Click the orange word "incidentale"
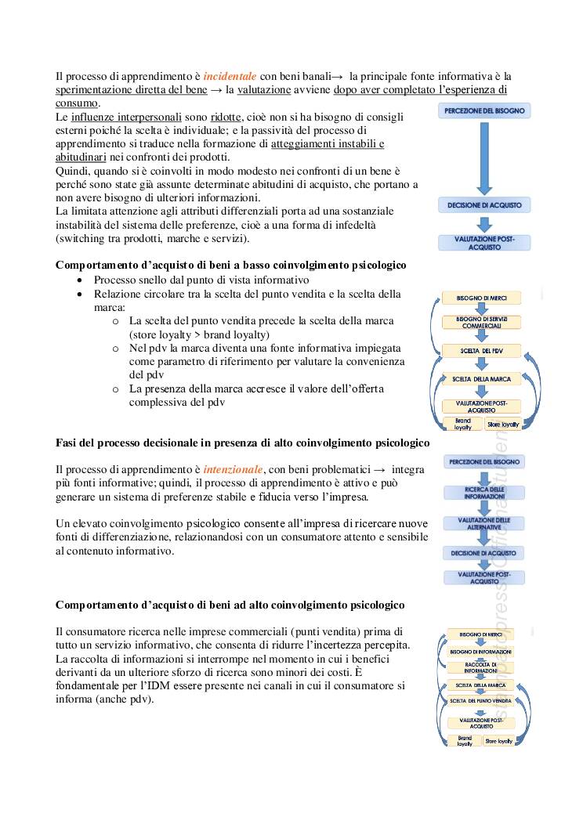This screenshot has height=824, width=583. pos(230,76)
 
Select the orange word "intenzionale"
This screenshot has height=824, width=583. pos(234,469)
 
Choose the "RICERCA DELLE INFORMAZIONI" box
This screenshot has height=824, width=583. pos(484,493)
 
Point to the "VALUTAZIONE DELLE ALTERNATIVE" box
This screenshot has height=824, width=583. pos(484,522)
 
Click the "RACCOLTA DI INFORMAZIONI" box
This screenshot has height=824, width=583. pos(480,667)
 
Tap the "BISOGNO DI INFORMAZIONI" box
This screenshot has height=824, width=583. pos(480,651)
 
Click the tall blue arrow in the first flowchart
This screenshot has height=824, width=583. pos(483,157)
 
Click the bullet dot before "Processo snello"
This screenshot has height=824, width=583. pos(80,280)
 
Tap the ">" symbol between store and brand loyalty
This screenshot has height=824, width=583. pos(195,334)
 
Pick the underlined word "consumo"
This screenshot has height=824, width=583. pos(77,103)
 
